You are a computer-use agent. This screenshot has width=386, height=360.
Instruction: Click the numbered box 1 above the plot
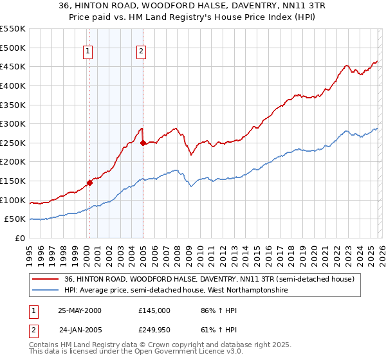tap(87, 53)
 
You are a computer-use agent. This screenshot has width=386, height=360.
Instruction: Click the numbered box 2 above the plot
tap(140, 53)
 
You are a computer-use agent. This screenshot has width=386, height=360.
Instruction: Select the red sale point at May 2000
tap(90, 183)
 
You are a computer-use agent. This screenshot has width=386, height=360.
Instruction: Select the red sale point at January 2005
tap(143, 143)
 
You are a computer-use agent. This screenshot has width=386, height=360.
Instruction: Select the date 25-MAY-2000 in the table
tap(79, 310)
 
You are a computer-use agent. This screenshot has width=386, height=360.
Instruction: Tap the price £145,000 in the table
tap(154, 310)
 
